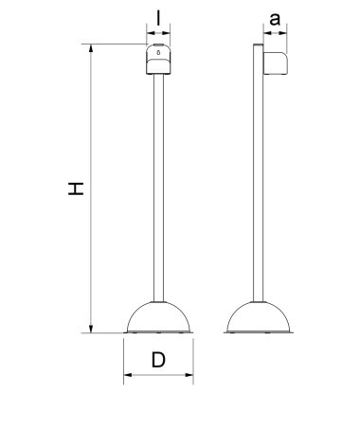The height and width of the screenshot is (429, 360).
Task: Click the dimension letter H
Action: (x=76, y=188)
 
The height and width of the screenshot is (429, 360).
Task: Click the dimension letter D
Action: (x=158, y=360)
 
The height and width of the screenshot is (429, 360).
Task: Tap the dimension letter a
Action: (x=275, y=20)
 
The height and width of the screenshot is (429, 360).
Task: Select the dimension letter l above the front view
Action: (x=158, y=17)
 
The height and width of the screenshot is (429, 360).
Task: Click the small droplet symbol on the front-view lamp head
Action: (x=158, y=52)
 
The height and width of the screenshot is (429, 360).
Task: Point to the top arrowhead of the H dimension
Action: (x=91, y=47)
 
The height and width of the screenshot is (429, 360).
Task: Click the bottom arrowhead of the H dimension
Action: (x=91, y=329)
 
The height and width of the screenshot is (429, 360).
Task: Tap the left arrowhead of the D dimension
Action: (x=128, y=375)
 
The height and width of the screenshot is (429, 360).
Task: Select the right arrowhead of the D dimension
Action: (x=189, y=375)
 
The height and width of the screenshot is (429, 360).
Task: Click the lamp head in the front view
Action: (x=158, y=60)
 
